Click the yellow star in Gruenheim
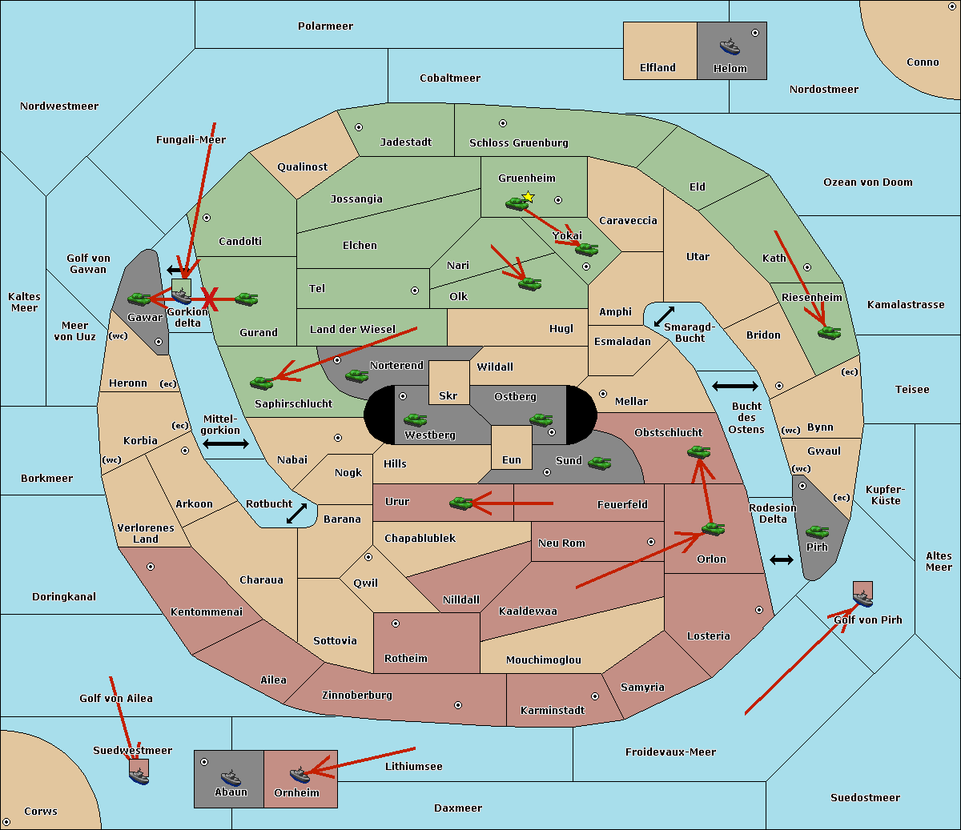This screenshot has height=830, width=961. [x=528, y=197]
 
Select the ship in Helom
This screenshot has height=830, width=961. [x=730, y=46]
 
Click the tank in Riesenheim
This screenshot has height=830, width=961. [x=829, y=332]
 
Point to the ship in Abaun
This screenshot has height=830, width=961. [x=231, y=777]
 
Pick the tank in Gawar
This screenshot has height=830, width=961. [x=139, y=299]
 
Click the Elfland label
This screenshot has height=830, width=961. [x=657, y=68]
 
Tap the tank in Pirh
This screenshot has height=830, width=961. [x=817, y=532]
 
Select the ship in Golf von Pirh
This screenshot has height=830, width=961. [x=862, y=596]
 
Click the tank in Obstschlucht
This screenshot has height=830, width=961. [x=698, y=452]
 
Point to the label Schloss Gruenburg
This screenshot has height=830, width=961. [x=518, y=143]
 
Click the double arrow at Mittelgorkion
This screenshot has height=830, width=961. [x=226, y=444]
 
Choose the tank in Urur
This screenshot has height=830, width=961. [x=460, y=503]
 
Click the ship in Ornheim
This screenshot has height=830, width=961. [x=300, y=775]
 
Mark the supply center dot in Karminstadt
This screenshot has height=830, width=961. [x=594, y=696]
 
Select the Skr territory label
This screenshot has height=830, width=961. [x=448, y=395]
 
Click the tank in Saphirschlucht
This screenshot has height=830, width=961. [x=261, y=383]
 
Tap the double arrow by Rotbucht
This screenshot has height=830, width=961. [x=296, y=513]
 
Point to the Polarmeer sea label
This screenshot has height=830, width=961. [x=325, y=26]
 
